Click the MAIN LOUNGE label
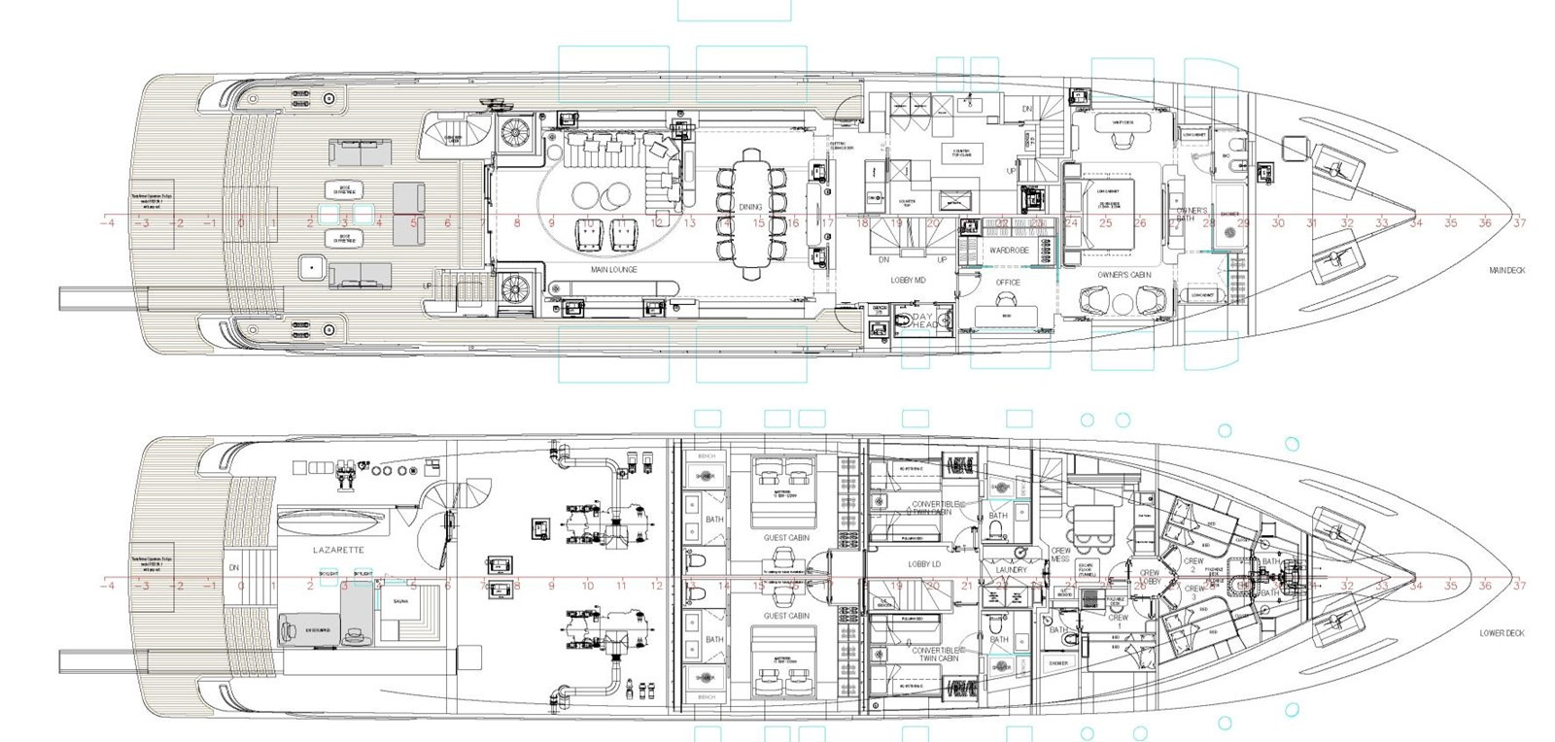coord(613,269)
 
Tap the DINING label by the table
coord(750,207)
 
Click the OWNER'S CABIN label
coord(1124,275)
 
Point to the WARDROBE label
coord(1009,250)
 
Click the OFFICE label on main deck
coord(1008,283)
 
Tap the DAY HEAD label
coord(924,320)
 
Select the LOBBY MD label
coord(909,280)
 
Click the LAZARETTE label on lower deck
coord(338,550)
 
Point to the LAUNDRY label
coord(1011,570)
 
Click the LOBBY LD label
coord(924,564)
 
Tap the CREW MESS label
coord(1060,555)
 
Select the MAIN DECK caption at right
coord(1506,270)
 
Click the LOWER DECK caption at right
coord(1502,633)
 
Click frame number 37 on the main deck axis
coord(1519,223)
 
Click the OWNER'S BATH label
coord(1191,214)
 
